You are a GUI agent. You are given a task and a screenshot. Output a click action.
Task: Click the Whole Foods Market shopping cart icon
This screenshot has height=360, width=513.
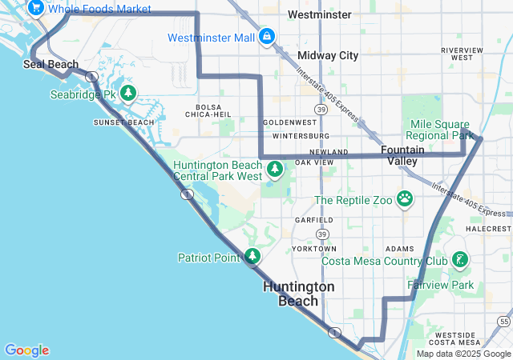35,8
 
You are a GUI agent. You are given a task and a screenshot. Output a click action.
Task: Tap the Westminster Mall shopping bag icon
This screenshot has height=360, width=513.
267,38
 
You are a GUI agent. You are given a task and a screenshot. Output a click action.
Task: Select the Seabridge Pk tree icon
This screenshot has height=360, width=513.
127,94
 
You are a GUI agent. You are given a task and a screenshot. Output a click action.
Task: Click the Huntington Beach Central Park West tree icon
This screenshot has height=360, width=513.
275,169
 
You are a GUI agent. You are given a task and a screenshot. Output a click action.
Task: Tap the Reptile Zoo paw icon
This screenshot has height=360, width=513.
405,199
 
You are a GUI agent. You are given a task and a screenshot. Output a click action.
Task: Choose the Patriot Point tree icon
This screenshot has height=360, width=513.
252,257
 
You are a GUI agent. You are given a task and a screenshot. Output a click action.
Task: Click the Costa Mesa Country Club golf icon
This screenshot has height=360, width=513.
459,260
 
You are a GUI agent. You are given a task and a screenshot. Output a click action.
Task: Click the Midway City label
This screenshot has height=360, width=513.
328,55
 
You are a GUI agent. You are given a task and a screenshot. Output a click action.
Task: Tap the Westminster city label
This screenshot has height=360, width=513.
319,15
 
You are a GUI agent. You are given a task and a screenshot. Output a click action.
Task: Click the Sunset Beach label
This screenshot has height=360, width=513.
123,122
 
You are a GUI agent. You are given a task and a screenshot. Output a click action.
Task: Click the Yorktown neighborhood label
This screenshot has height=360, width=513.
314,249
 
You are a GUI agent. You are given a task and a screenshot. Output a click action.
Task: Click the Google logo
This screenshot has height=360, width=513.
26,350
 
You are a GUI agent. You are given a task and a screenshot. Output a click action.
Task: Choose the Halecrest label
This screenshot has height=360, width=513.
488,228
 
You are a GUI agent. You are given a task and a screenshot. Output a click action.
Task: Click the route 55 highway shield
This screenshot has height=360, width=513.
503,298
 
